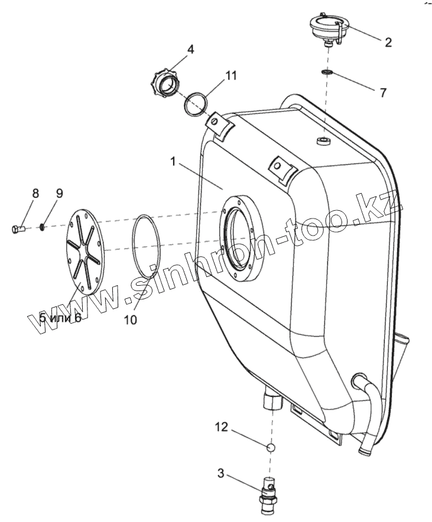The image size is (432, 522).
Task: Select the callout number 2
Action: [x=388, y=42]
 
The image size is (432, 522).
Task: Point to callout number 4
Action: [x=190, y=50]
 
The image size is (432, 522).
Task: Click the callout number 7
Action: [x=382, y=93]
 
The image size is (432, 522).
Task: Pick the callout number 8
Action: [x=35, y=193]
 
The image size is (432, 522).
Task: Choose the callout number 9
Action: [x=59, y=193]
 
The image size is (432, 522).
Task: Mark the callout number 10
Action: [x=130, y=319]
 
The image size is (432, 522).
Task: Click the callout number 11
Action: [x=231, y=75]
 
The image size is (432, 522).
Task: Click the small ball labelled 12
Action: [x=271, y=448]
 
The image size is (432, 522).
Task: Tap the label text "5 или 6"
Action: [x=60, y=318]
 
